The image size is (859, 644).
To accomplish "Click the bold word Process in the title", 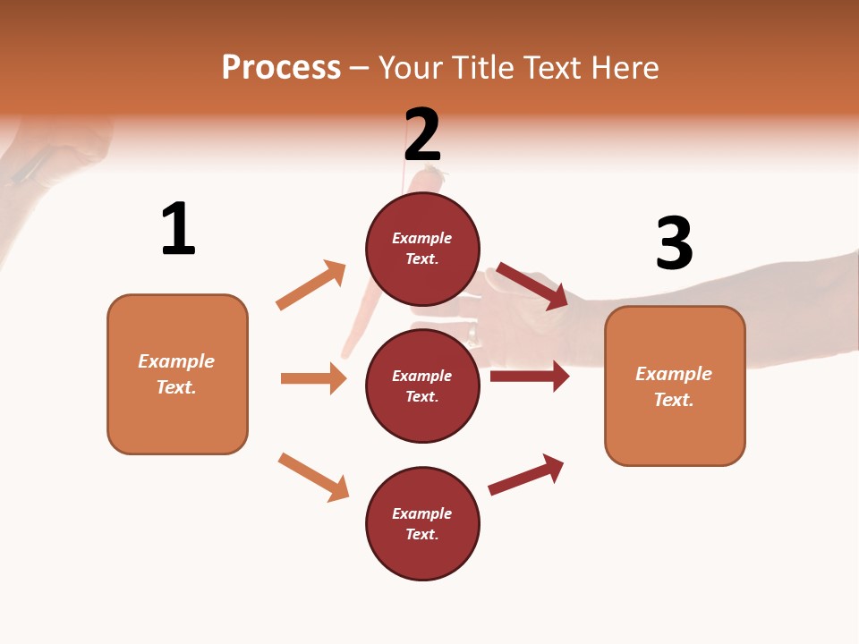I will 281,68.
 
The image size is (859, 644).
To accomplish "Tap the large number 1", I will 178,230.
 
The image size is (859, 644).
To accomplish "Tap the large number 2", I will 422,134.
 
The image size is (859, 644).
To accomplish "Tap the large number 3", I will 674,244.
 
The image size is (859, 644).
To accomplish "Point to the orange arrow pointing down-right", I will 314,477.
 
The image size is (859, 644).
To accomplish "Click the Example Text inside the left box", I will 176,374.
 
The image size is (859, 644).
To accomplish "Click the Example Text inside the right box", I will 674,386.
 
